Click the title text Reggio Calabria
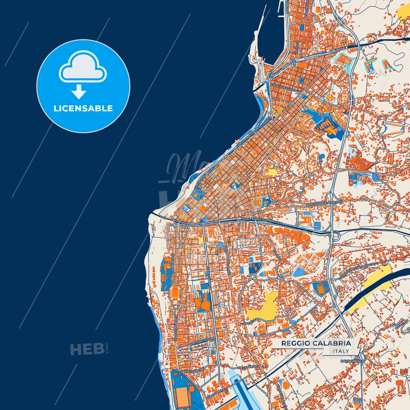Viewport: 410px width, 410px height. (x=316, y=343)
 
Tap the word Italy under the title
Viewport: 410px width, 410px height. (x=341, y=351)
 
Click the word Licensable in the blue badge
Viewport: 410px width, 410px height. (x=83, y=108)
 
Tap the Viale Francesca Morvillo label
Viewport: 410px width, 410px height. (x=262, y=221)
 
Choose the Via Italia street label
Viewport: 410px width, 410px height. (x=297, y=48)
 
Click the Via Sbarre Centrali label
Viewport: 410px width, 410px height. (x=227, y=260)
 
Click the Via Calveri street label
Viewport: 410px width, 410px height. (x=251, y=321)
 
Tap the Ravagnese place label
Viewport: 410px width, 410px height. (x=351, y=361)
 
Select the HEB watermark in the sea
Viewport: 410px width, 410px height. (x=87, y=349)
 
